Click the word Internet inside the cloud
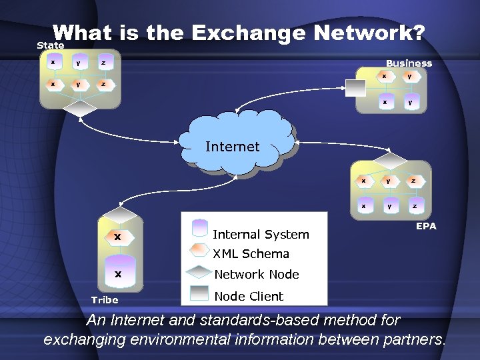point(232,147)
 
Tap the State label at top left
point(51,45)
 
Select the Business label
point(409,63)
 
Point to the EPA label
point(426,226)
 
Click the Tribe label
point(105,300)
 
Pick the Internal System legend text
point(261,234)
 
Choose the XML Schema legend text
point(251,254)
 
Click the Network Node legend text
point(257,275)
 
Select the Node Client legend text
point(249,296)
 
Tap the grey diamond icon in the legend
point(200,273)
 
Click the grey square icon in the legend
point(200,294)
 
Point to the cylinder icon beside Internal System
point(200,229)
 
